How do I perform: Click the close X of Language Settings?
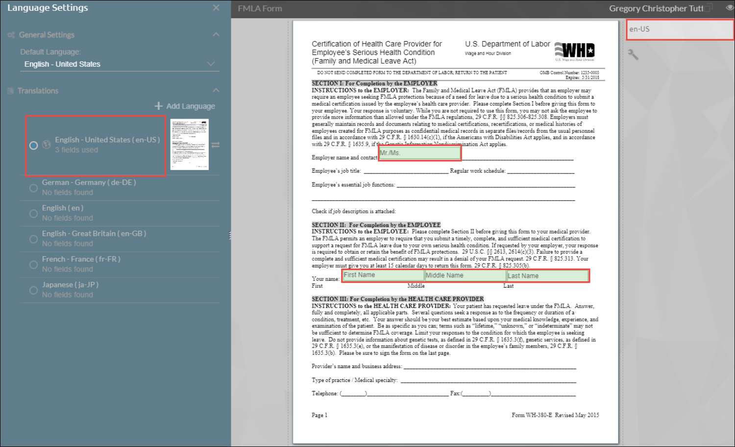pos(216,8)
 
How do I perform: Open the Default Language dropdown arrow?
pos(211,64)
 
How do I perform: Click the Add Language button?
pos(185,106)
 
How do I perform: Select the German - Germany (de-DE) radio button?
pos(33,188)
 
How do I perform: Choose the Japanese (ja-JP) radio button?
pos(33,290)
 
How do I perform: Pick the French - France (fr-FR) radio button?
pos(33,265)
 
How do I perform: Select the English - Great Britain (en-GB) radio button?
pos(33,239)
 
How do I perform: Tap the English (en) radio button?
pos(33,214)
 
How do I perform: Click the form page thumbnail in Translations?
pos(189,145)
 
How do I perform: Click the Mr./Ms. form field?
pos(419,153)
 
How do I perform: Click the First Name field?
pos(383,275)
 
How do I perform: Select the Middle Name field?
pos(465,276)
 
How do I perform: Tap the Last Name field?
pos(547,276)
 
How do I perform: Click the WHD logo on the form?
pos(575,51)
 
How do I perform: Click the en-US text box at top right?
pos(680,29)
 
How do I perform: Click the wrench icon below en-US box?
pos(633,54)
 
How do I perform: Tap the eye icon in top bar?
pos(730,8)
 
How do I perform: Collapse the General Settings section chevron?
pos(216,34)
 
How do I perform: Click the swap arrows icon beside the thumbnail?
pos(216,145)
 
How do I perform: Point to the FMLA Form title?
pos(260,8)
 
